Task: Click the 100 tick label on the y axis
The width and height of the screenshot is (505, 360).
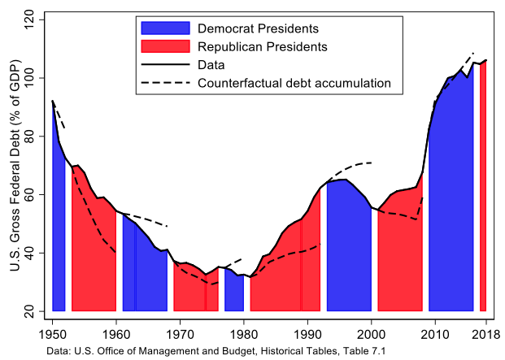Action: pos(30,77)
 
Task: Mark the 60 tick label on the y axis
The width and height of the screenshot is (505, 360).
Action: pos(30,194)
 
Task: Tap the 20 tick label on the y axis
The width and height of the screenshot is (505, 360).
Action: pos(30,311)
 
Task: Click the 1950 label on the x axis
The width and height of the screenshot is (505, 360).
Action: pos(52,332)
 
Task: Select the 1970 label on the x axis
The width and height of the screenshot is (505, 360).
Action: pos(180,332)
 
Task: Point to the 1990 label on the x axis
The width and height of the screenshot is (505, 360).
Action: pos(307,332)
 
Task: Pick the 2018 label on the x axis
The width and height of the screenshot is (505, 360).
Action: pos(485,332)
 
